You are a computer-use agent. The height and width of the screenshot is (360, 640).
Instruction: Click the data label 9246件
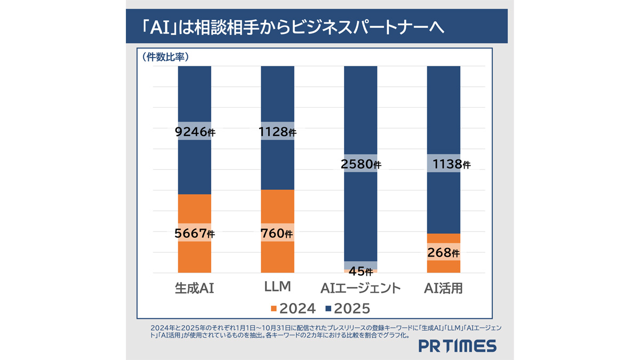pyautogui.click(x=195, y=131)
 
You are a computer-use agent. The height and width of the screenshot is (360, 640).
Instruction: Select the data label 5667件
pyautogui.click(x=195, y=233)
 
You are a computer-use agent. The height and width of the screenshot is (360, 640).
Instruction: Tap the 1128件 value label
pyautogui.click(x=277, y=131)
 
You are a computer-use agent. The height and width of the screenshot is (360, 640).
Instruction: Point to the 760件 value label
pyautogui.click(x=277, y=233)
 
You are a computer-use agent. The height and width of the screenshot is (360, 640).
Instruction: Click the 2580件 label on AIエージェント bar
pyautogui.click(x=361, y=164)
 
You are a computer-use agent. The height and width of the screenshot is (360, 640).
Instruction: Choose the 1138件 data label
pyautogui.click(x=444, y=164)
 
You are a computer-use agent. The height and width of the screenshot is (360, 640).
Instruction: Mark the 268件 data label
pyautogui.click(x=444, y=252)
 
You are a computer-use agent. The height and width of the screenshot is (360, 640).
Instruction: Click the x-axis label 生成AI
pyautogui.click(x=194, y=289)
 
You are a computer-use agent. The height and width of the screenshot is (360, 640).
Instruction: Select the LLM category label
pyautogui.click(x=277, y=287)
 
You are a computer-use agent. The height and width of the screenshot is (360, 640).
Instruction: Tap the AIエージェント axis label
pyautogui.click(x=361, y=289)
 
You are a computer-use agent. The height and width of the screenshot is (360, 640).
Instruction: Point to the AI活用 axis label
pyautogui.click(x=443, y=289)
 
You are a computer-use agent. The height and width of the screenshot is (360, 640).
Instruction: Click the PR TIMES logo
pyautogui.click(x=457, y=346)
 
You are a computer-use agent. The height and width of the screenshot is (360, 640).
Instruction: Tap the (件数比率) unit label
pyautogui.click(x=166, y=55)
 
